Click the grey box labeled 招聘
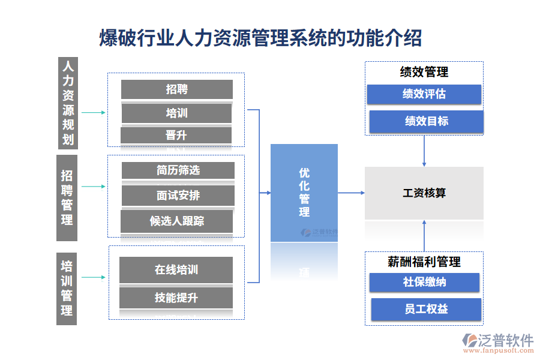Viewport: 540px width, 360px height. (176, 89)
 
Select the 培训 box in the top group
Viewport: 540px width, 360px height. (176, 113)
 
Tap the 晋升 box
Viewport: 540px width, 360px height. (176, 135)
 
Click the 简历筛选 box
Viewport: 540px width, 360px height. (178, 170)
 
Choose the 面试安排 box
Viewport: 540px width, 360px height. (178, 195)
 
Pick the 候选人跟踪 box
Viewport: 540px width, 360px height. (176, 221)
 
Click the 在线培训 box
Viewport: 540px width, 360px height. (176, 270)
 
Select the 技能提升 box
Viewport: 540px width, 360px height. (176, 298)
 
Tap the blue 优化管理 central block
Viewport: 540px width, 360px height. (304, 193)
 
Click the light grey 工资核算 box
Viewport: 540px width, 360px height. (424, 193)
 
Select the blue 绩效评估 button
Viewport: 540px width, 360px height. (424, 94)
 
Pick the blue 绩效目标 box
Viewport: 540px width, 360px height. (426, 121)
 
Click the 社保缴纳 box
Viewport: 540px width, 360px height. (424, 282)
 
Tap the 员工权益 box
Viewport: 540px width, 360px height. (426, 309)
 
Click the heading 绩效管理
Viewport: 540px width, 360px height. (424, 72)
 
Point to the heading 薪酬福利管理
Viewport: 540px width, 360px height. (424, 262)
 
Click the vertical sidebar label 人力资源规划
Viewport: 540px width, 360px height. (68, 102)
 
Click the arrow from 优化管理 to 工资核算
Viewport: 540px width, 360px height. (351, 193)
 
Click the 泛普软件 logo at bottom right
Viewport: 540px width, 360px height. (497, 342)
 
